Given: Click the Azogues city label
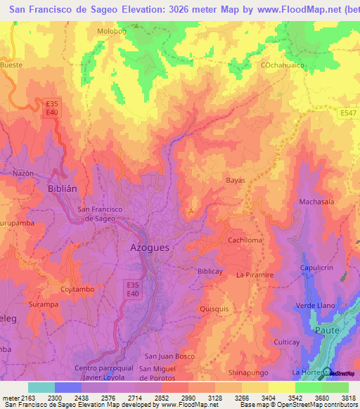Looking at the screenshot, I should coord(155,247).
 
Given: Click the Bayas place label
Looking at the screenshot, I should coord(236,181).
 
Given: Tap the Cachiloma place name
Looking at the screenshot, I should coord(245,240).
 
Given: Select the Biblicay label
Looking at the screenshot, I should coord(211,271).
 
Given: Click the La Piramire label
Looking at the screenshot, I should coord(255,275).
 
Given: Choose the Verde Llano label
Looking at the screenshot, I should coord(314,306).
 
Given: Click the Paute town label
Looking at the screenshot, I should coord(328,329).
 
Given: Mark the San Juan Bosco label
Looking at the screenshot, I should coord(169,356).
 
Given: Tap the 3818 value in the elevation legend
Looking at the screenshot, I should coord(349,398).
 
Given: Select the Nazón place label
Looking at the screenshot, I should coord(23,172).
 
